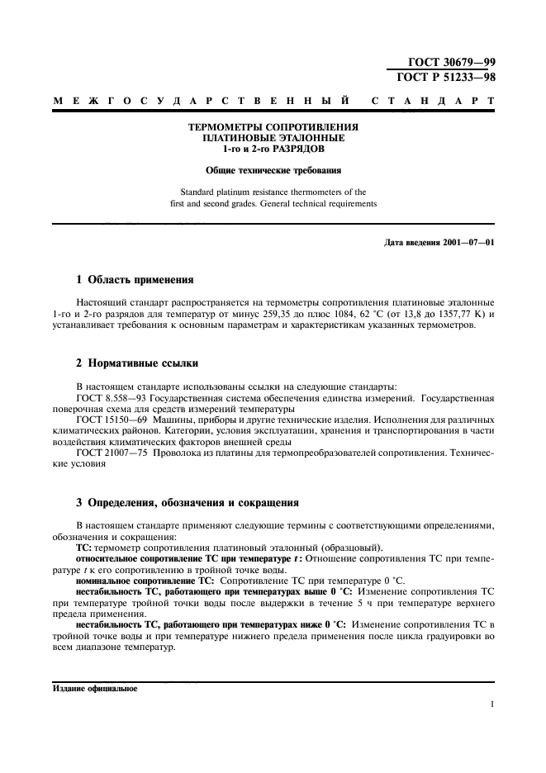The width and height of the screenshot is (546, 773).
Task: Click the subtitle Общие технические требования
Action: point(273,172)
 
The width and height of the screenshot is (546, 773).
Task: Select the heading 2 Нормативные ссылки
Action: point(136,364)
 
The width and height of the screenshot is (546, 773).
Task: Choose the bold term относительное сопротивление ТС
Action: point(140,558)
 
